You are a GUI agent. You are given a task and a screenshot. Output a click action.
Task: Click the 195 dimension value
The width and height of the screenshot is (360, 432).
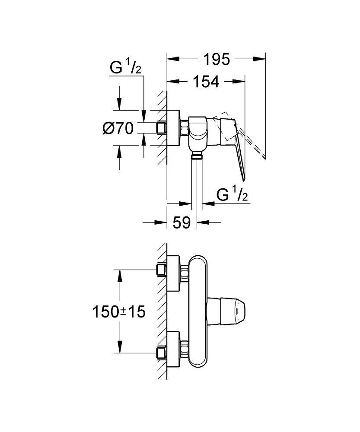(x=217, y=59)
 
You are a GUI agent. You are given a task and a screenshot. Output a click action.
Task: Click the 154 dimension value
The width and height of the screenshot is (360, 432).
(x=206, y=82)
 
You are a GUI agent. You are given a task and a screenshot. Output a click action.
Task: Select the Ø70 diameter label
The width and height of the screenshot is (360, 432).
(x=118, y=128)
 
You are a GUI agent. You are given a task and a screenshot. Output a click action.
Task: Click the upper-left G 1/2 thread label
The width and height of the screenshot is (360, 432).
(x=125, y=68)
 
